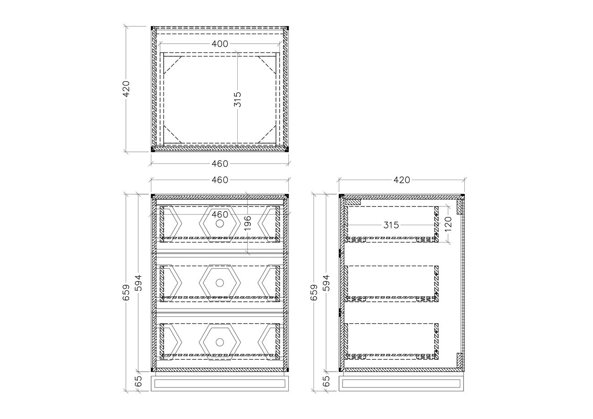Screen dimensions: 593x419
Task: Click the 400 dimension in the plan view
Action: [x=220, y=44]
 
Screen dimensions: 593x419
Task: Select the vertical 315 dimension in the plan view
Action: [x=238, y=99]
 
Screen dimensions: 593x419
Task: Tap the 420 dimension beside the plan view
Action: [x=126, y=89]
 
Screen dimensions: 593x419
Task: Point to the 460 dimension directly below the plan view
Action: [x=220, y=164]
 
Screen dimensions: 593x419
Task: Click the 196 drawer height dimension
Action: [x=247, y=223]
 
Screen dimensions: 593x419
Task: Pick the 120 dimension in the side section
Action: [x=448, y=224]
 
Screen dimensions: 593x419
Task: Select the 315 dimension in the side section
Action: [x=391, y=225]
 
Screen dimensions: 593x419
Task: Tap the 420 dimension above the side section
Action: [x=401, y=180]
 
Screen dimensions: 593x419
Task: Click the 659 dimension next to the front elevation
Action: [x=126, y=292]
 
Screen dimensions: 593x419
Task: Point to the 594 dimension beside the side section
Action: [x=327, y=283]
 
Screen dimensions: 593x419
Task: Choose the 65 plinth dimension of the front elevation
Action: [x=139, y=381]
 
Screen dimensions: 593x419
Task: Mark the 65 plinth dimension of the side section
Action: [x=327, y=381]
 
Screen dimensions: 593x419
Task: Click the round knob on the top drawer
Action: [x=220, y=224]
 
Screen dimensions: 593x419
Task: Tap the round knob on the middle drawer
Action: [x=220, y=283]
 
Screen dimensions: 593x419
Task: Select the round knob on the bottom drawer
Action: [x=220, y=342]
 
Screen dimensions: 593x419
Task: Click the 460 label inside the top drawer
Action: [x=220, y=214]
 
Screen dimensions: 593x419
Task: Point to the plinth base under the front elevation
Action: [x=220, y=383]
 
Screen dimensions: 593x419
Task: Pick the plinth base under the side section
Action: [x=401, y=383]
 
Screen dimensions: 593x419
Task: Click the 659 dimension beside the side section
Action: [x=314, y=292]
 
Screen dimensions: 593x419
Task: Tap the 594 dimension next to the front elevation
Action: [x=139, y=283]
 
